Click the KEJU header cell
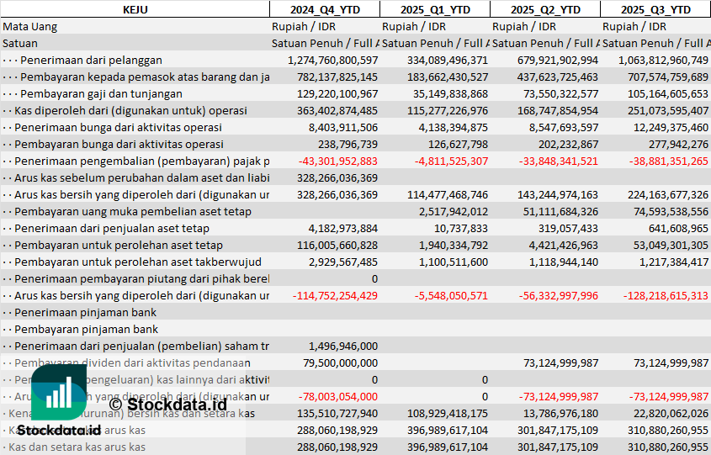point(135,9)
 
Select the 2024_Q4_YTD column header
point(324,9)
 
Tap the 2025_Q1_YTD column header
point(434,9)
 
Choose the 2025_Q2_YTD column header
point(545,9)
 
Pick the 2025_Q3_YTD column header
point(655,9)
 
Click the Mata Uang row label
point(30,26)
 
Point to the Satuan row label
point(20,43)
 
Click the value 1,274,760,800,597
point(332,60)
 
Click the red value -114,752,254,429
point(335,295)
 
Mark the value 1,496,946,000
point(343,346)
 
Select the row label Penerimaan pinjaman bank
point(85,312)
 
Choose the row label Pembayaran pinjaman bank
point(86,329)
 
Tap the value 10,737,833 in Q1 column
point(460,228)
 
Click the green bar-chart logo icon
point(58,394)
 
